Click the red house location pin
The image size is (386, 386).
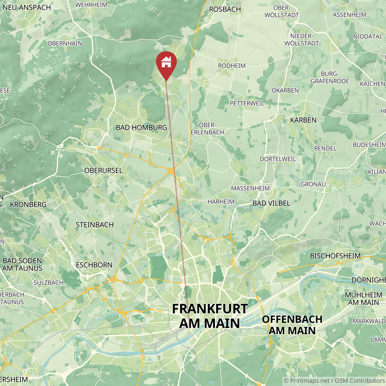(x=166, y=63)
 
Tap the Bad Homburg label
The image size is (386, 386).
(x=142, y=127)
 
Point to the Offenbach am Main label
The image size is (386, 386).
(x=292, y=325)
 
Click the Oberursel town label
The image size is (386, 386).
(x=103, y=170)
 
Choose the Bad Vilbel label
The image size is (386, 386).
(x=271, y=203)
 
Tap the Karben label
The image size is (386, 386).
(x=303, y=120)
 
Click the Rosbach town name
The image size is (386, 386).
(x=225, y=9)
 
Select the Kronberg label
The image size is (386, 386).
(x=28, y=205)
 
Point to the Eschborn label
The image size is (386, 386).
(x=94, y=265)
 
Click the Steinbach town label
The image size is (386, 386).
(x=95, y=225)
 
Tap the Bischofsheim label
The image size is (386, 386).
(x=335, y=256)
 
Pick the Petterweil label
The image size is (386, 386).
(x=247, y=103)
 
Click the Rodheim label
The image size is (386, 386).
(x=232, y=66)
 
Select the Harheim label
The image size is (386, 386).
(x=221, y=202)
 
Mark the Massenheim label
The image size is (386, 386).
(x=250, y=188)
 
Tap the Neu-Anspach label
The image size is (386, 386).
(x=26, y=7)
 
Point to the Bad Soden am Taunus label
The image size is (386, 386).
(x=22, y=264)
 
